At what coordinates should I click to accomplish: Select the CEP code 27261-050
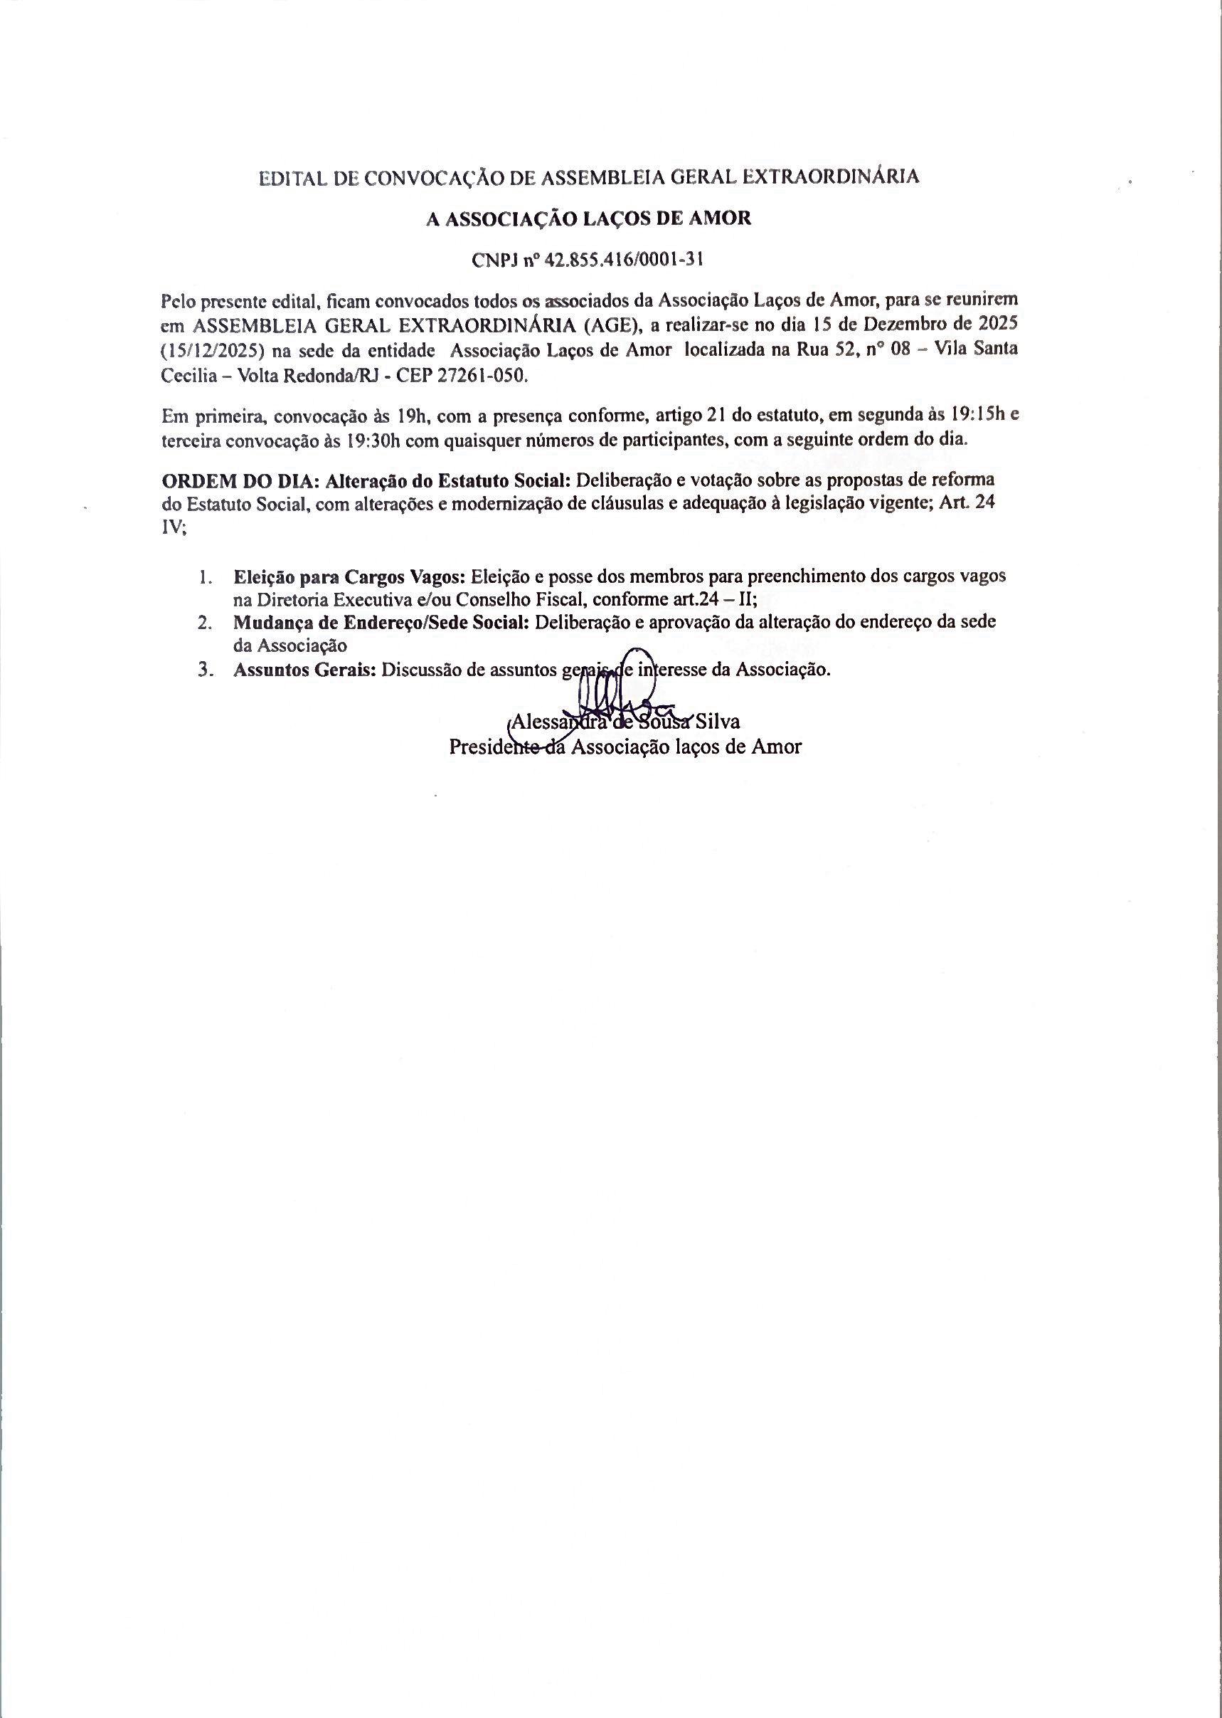[479, 377]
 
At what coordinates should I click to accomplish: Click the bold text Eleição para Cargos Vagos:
[350, 577]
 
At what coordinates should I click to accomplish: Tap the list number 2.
[203, 623]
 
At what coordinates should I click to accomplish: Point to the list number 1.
[203, 577]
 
